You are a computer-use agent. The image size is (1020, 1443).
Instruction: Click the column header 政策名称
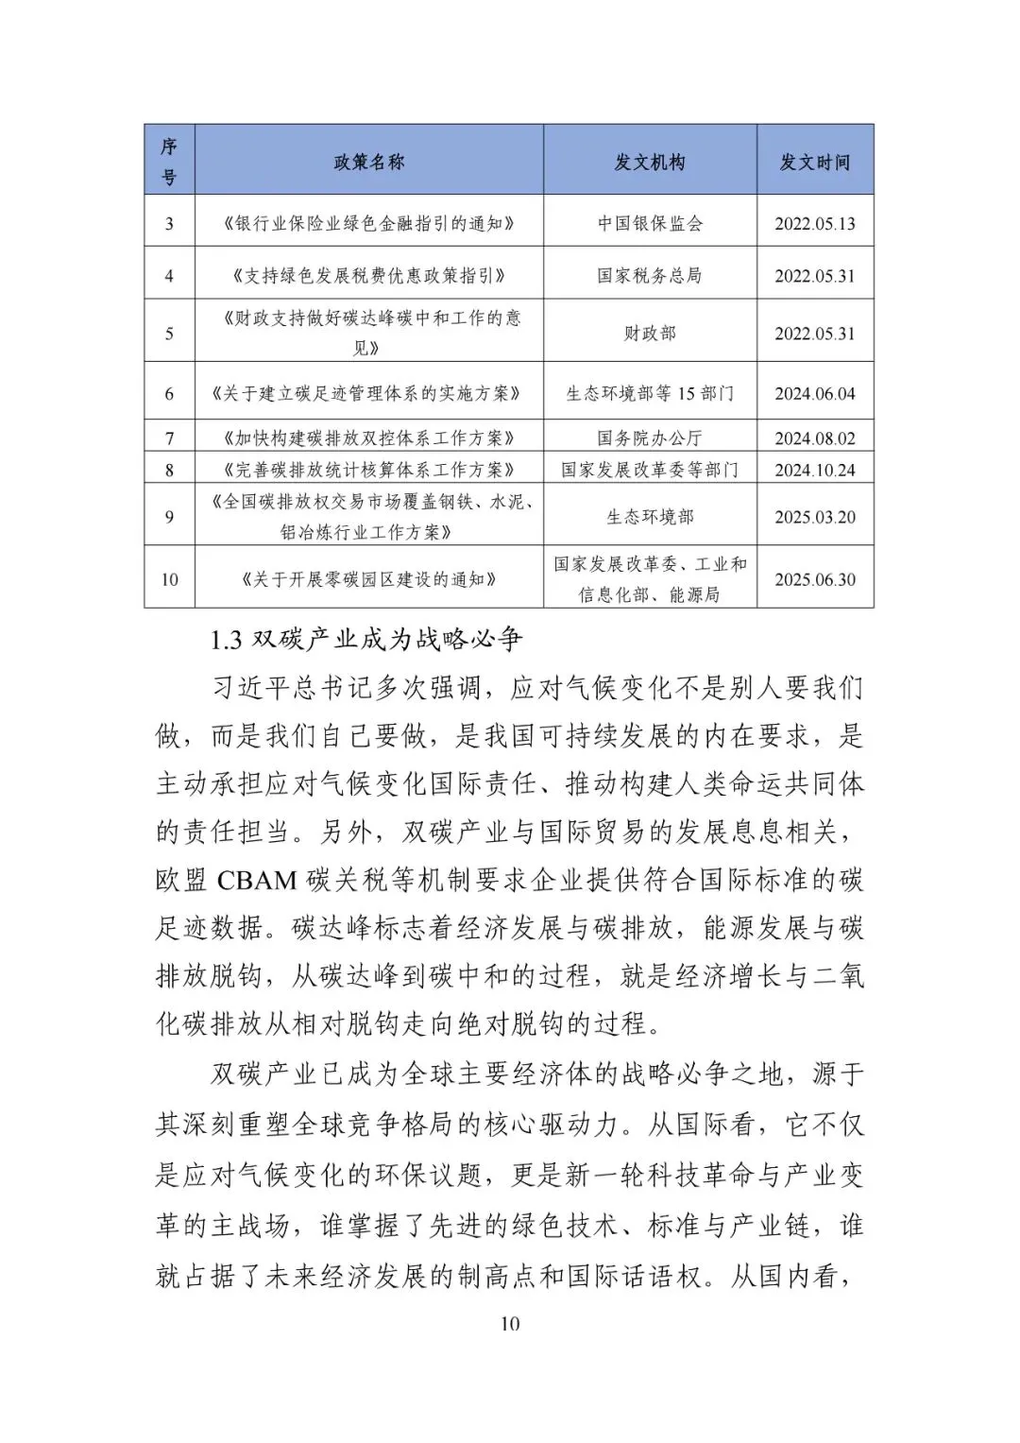(368, 162)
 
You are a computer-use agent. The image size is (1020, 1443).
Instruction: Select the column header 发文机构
(650, 162)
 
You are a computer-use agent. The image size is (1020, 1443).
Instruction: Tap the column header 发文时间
(814, 162)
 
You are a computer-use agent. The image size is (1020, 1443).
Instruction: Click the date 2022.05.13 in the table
(814, 224)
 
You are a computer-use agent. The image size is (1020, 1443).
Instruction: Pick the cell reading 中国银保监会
(650, 224)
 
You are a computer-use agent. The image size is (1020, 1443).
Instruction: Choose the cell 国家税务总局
(650, 276)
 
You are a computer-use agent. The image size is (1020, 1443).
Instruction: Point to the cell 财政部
(650, 333)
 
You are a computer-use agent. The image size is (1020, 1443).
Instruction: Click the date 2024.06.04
(814, 393)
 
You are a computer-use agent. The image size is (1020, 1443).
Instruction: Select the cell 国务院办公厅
(650, 438)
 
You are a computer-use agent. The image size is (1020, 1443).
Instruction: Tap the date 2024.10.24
(814, 470)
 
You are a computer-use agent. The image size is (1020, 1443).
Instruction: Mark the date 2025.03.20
(814, 517)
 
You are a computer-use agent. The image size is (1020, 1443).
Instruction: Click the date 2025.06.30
(814, 579)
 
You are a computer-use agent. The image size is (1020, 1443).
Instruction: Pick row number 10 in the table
(169, 579)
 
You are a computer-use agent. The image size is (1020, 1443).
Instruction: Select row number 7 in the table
(169, 438)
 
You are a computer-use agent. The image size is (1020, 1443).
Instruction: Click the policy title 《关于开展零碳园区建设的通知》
(368, 579)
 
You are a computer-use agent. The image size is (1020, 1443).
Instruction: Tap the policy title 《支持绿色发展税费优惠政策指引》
(368, 276)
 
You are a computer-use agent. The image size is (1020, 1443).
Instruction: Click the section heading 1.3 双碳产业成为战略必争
(366, 640)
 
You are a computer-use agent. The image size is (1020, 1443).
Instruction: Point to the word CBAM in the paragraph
(257, 881)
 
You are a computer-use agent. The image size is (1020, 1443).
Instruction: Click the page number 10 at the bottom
(509, 1323)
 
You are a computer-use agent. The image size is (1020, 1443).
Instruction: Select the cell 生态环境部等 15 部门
(650, 393)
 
